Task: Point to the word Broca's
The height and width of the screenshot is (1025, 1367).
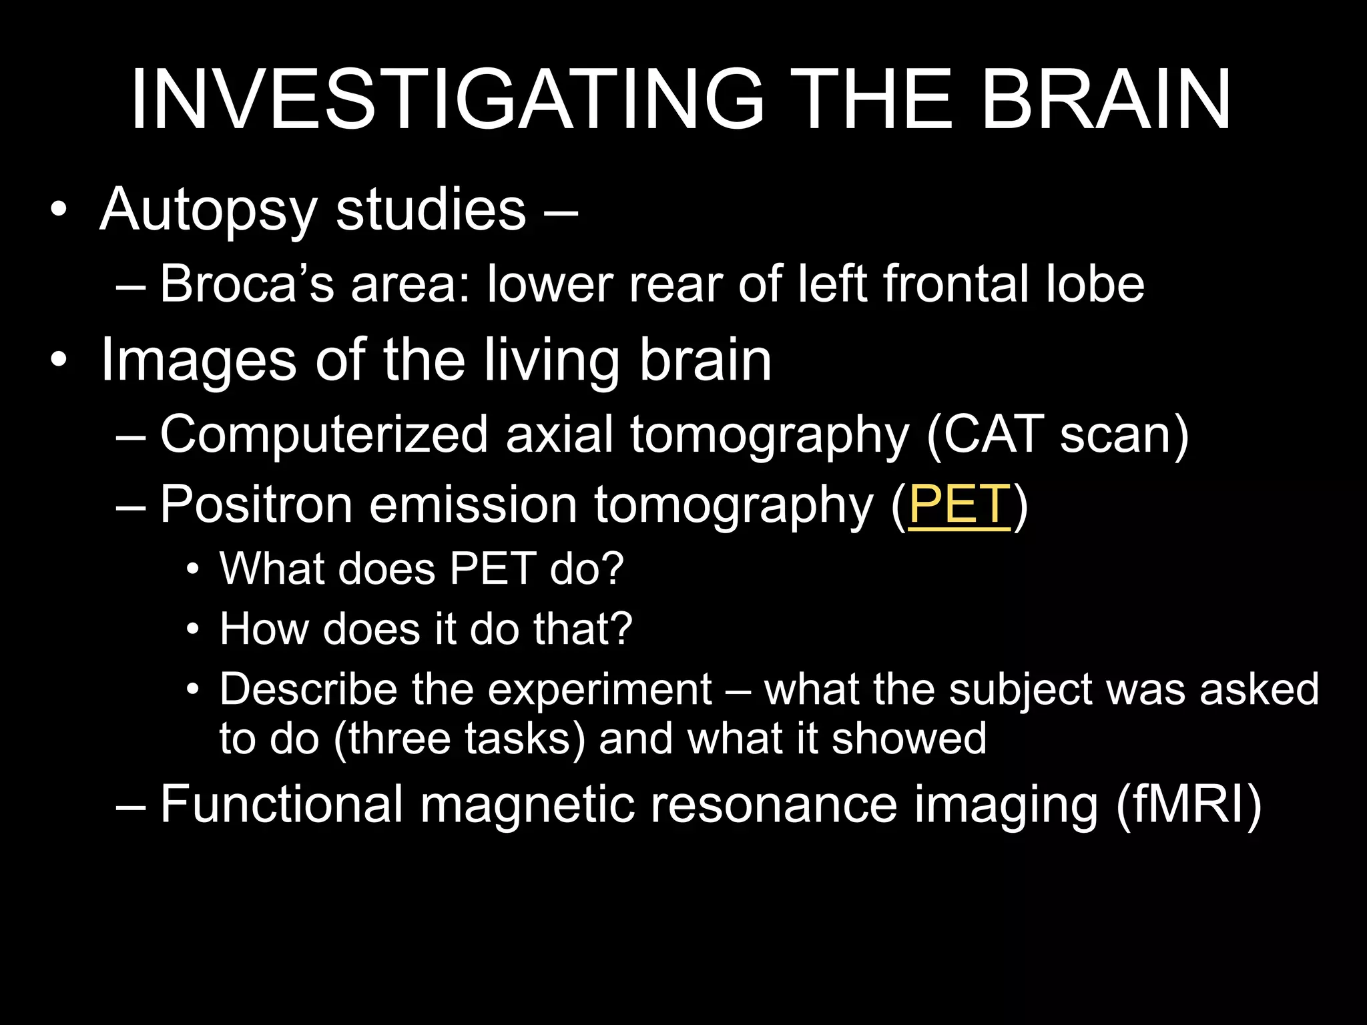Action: (246, 284)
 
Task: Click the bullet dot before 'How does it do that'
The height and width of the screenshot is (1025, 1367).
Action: (193, 629)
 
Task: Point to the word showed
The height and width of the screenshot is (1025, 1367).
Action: (909, 739)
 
